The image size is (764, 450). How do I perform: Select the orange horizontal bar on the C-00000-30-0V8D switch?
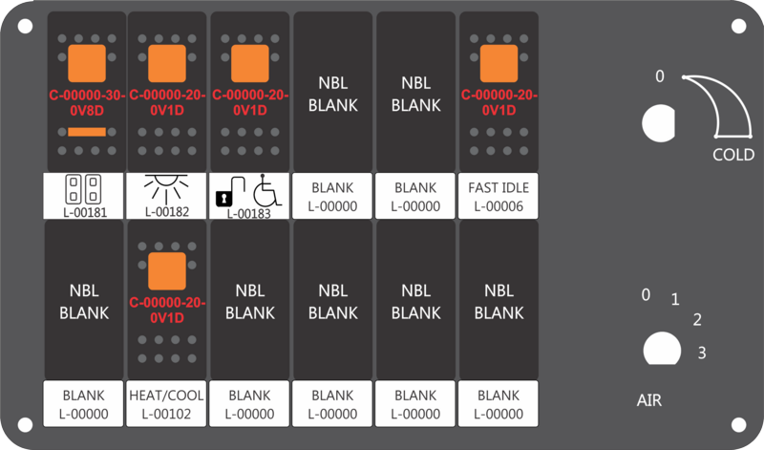pyautogui.click(x=86, y=131)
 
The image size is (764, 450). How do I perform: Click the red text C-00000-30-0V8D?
pyautogui.click(x=86, y=102)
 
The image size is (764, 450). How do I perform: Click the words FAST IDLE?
pyautogui.click(x=499, y=187)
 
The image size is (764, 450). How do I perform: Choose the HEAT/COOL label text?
pyautogui.click(x=168, y=395)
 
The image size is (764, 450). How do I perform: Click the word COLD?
pyautogui.click(x=733, y=155)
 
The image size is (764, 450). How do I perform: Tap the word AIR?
pyautogui.click(x=649, y=400)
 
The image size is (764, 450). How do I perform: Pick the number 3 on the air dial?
pyautogui.click(x=702, y=354)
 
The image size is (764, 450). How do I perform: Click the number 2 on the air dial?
pyautogui.click(x=697, y=319)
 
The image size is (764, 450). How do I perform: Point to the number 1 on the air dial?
pyautogui.click(x=674, y=300)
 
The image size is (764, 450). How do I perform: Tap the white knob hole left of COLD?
pyautogui.click(x=656, y=122)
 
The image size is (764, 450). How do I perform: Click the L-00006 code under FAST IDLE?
pyautogui.click(x=499, y=205)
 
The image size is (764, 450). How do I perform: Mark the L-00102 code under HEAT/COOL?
pyautogui.click(x=168, y=414)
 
